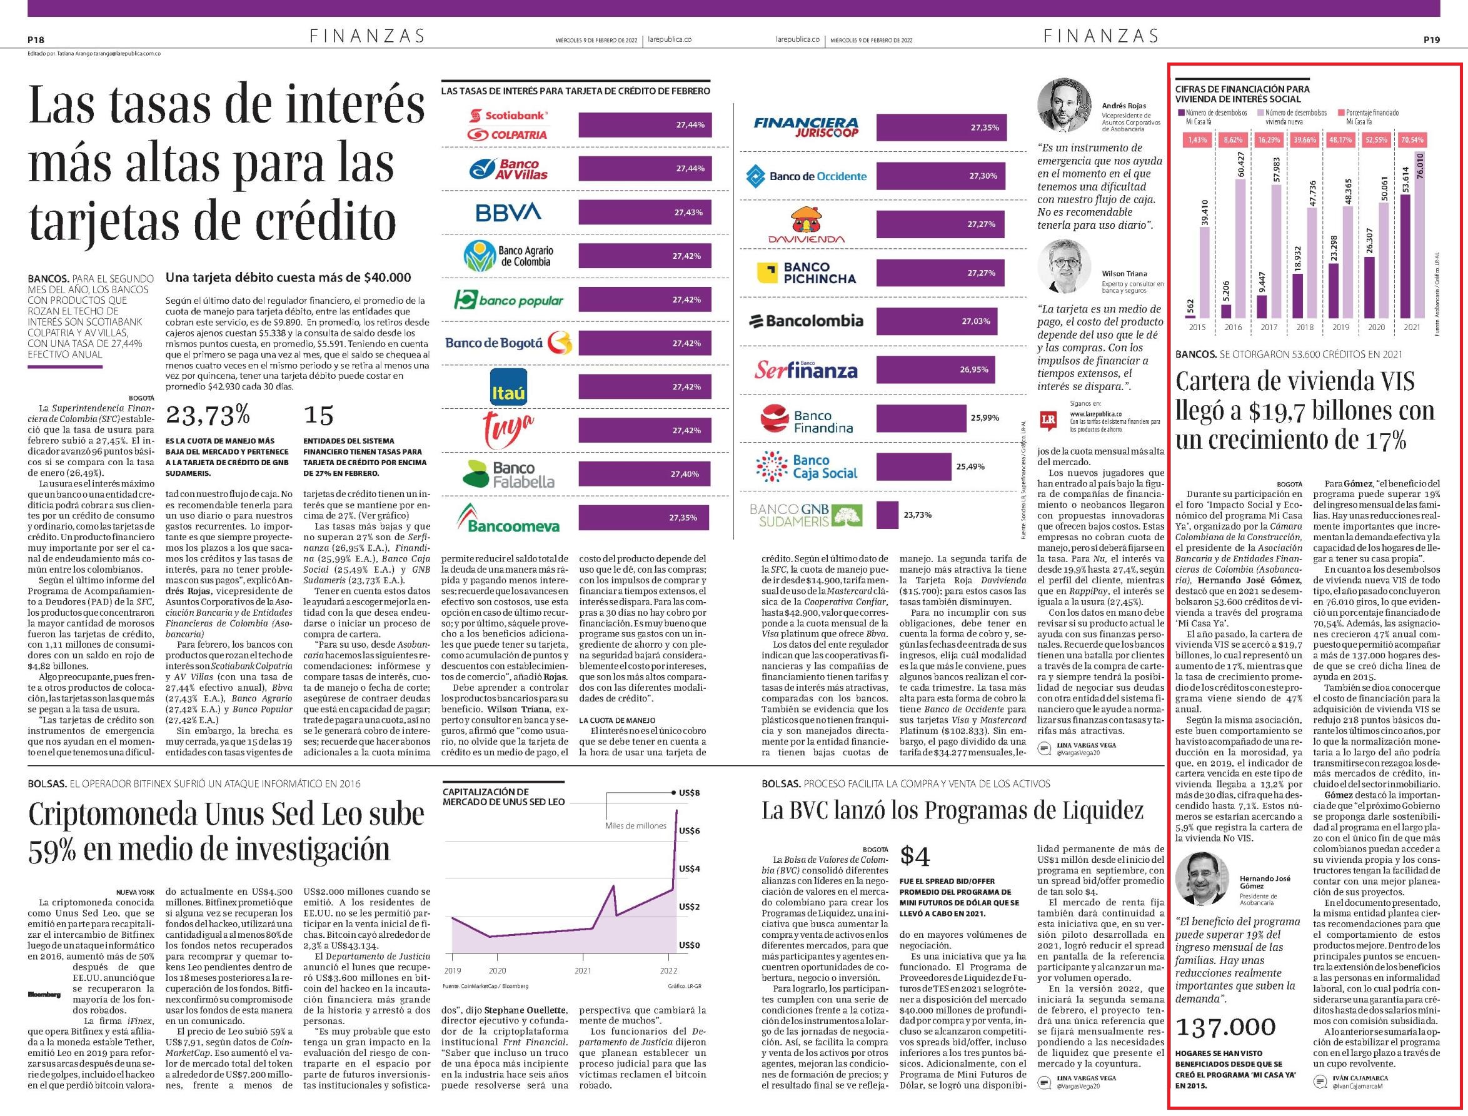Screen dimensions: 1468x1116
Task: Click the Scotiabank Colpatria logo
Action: (508, 125)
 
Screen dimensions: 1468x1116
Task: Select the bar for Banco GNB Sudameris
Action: (887, 515)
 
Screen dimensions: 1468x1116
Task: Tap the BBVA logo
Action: (509, 212)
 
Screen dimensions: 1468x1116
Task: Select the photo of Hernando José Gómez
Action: (1202, 880)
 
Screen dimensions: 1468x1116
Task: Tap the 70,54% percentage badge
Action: (1412, 140)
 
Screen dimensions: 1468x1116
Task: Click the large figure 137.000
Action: (1225, 1028)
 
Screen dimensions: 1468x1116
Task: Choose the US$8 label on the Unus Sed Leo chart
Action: (689, 793)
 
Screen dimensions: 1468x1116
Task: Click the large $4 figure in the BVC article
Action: (915, 857)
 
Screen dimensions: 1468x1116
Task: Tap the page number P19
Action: (1432, 40)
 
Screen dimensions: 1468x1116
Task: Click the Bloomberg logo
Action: (44, 995)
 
